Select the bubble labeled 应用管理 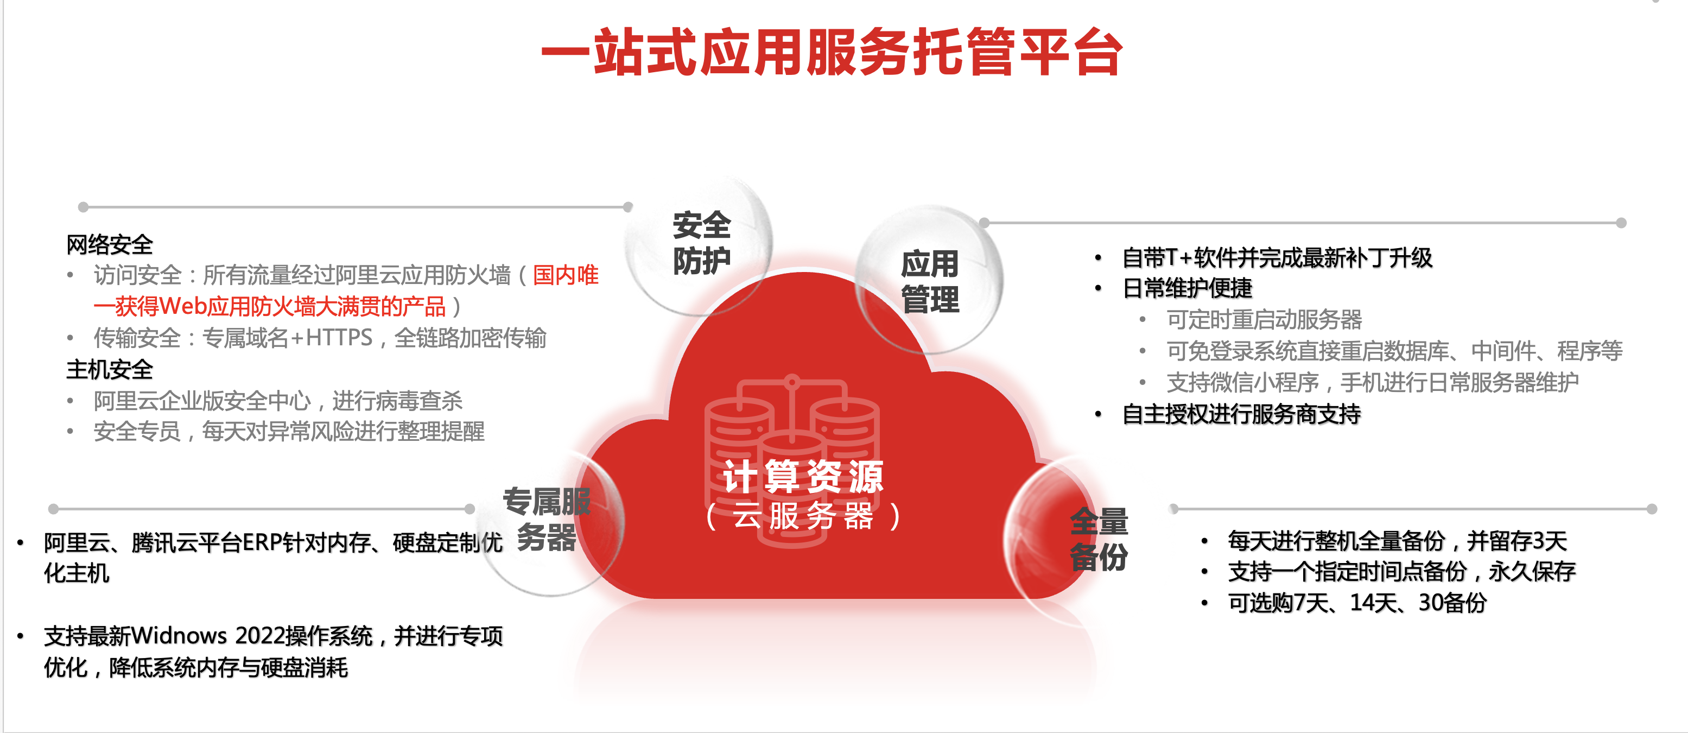click(x=930, y=281)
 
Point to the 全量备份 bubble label click(x=1099, y=539)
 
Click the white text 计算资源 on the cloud click(x=803, y=476)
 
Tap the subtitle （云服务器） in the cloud click(x=803, y=515)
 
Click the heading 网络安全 click(x=110, y=244)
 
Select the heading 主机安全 click(x=110, y=370)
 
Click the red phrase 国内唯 click(x=566, y=275)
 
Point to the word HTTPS click(x=339, y=338)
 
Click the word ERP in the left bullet click(x=263, y=543)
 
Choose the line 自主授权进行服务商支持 click(x=1242, y=414)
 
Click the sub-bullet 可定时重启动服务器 click(x=1264, y=320)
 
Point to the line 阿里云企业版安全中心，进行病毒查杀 click(x=278, y=401)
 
